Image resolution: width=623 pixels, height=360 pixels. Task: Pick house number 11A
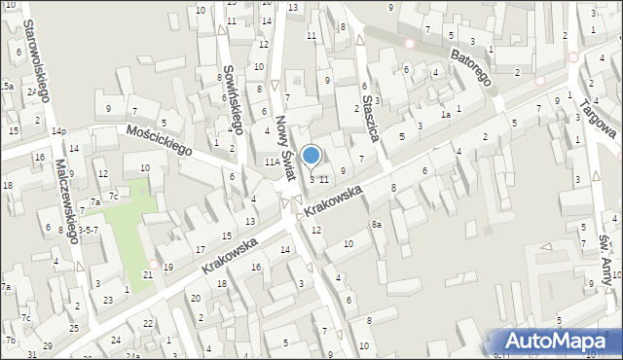coord(273,163)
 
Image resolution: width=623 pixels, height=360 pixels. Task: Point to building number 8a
coord(376,225)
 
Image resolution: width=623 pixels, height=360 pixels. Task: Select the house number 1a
coord(445,115)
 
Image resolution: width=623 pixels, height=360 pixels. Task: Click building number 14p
coord(58,130)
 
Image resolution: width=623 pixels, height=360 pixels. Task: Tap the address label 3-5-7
coord(88,231)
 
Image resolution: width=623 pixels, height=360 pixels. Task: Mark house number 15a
coord(6,87)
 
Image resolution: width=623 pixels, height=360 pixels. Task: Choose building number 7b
coord(10,340)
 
